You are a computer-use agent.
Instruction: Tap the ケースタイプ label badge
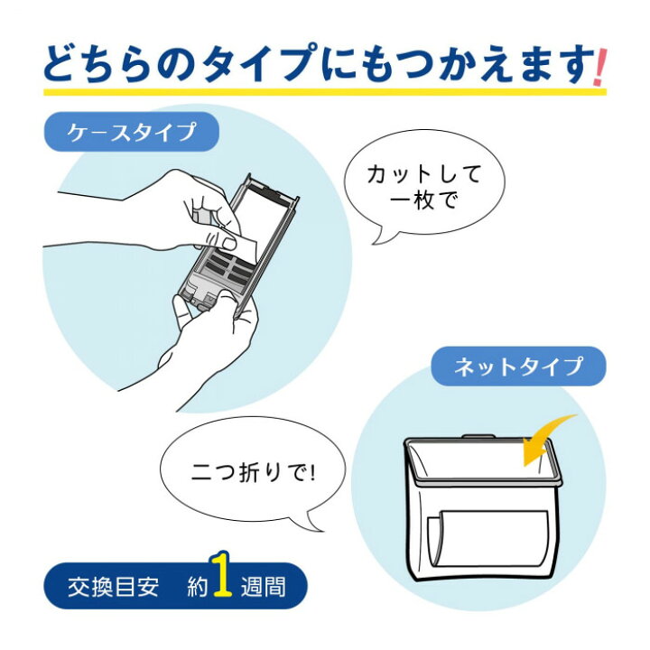(x=132, y=132)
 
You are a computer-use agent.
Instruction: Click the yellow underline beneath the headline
(x=325, y=91)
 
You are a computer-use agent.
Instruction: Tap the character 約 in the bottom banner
(x=195, y=588)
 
